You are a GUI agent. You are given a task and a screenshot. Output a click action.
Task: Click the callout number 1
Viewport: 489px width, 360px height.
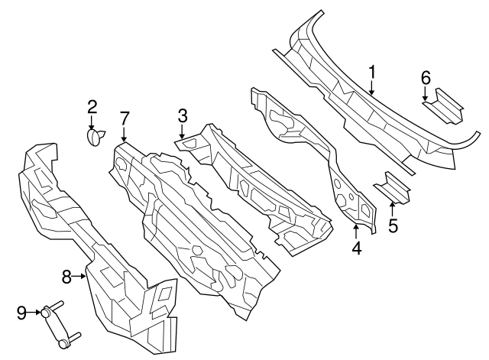(x=372, y=73)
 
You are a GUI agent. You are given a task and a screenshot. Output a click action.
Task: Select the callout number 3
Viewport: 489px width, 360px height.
(x=182, y=116)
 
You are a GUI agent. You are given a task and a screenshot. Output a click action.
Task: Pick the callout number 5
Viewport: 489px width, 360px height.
(x=393, y=226)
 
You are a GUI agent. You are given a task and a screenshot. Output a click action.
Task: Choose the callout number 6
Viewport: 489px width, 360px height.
(x=426, y=77)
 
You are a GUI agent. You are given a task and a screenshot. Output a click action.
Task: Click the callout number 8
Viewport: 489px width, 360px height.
(x=66, y=277)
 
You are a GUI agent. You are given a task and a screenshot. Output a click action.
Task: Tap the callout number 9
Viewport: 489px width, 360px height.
(x=21, y=311)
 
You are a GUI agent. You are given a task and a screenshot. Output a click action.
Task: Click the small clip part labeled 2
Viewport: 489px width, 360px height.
(x=96, y=137)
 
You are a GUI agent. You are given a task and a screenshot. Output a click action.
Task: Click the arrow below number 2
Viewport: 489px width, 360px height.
(x=92, y=123)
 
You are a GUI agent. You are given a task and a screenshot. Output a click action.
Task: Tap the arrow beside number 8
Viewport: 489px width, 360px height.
(x=80, y=277)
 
